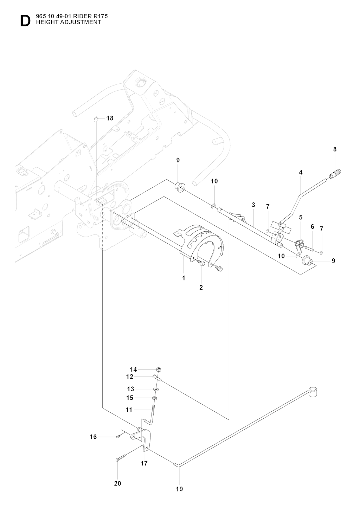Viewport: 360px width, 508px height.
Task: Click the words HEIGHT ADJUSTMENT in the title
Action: click(66, 22)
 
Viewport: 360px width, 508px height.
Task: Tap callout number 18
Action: click(110, 118)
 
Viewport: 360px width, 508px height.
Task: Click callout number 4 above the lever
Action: click(301, 172)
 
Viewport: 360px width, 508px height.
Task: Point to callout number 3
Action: click(253, 205)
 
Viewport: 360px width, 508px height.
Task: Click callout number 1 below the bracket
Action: click(184, 278)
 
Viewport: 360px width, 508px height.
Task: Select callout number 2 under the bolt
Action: click(201, 287)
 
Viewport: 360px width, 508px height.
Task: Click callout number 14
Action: click(133, 369)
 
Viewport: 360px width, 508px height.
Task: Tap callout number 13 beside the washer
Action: click(131, 389)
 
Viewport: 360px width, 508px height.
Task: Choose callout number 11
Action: click(129, 410)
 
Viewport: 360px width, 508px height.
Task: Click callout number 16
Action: click(93, 437)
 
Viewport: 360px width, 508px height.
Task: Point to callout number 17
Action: click(144, 463)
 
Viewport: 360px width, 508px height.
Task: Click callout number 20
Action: click(117, 483)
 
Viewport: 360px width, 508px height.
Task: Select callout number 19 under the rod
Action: click(179, 489)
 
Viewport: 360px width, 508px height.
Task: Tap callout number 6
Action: click(312, 227)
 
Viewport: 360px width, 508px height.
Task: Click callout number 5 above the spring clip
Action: click(301, 217)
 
